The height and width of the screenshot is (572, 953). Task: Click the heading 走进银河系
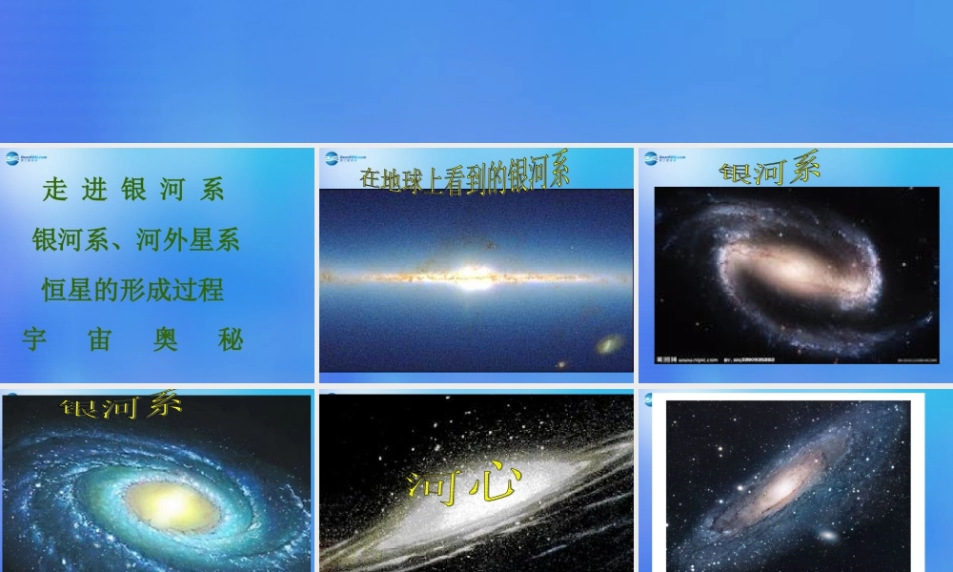point(133,190)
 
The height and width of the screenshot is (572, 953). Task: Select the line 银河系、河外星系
point(135,238)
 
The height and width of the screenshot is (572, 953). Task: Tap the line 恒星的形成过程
point(133,289)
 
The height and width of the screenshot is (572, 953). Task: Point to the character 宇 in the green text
point(34,339)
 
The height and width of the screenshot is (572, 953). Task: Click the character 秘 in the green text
point(232,339)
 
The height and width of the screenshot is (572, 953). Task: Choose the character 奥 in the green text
point(166,339)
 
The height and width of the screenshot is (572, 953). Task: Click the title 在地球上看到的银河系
point(465,174)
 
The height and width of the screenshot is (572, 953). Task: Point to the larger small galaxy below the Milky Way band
point(608,343)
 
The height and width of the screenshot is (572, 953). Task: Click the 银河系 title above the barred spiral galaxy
point(770,172)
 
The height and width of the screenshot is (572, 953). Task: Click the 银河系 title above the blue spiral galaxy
point(121,406)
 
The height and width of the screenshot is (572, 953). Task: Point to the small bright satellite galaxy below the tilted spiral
point(828,537)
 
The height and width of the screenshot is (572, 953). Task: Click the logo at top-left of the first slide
point(26,158)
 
